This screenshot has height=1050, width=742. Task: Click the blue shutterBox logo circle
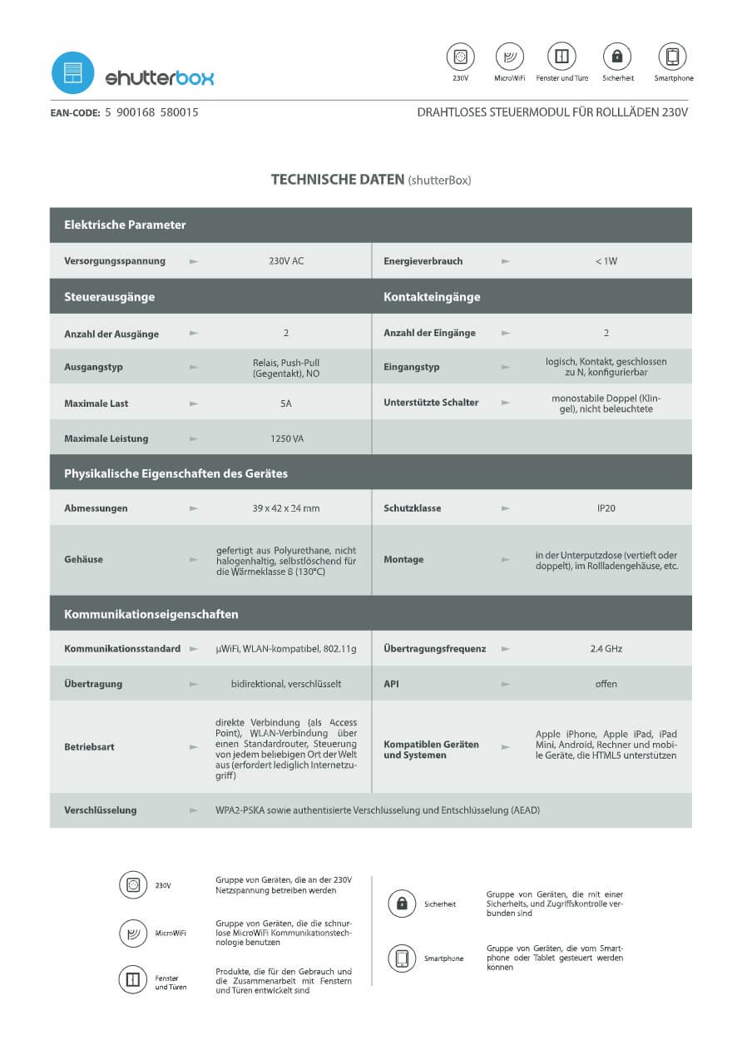73,72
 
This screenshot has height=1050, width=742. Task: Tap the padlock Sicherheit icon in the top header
617,57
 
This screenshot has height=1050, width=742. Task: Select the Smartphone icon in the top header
672,57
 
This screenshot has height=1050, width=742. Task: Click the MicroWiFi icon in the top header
509,57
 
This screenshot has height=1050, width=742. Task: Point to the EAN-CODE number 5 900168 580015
151,111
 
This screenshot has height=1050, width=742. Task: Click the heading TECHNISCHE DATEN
337,179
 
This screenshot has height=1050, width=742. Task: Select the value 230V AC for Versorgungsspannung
286,261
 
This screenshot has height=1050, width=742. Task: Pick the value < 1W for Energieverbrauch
606,261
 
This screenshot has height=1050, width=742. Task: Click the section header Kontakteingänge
432,297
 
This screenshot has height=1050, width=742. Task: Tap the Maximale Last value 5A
286,404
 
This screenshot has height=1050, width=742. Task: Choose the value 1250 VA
286,438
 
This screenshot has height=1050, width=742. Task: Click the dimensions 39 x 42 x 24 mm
286,508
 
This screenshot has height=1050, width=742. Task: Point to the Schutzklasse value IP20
606,508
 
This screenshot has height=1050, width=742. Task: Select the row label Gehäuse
84,560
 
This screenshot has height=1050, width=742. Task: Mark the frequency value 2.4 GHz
606,649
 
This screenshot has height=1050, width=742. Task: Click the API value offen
606,684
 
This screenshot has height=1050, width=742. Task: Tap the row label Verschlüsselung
101,810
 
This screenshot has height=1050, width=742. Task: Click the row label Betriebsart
89,747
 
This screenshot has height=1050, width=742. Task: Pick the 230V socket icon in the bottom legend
133,884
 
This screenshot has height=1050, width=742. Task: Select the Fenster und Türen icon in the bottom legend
133,979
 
